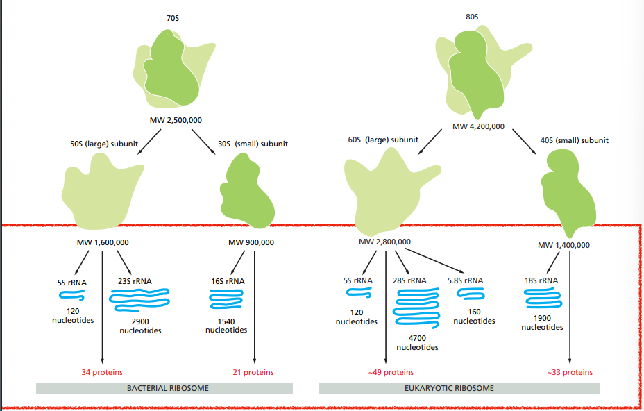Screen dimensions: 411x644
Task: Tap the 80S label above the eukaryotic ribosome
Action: (x=472, y=16)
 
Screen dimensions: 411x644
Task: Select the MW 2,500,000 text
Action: (x=176, y=120)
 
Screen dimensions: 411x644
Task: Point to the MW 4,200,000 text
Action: (x=478, y=126)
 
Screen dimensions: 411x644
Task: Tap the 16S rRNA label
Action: (x=226, y=281)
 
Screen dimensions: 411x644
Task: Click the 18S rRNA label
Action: (x=541, y=280)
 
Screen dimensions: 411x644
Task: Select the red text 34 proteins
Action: (x=102, y=372)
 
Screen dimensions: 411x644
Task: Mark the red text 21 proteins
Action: (x=253, y=372)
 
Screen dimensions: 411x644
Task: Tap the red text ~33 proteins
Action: (x=569, y=372)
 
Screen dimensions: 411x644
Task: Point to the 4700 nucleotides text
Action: (x=417, y=342)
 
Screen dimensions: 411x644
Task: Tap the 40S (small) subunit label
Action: (x=574, y=140)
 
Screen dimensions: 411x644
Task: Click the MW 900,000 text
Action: (x=251, y=242)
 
